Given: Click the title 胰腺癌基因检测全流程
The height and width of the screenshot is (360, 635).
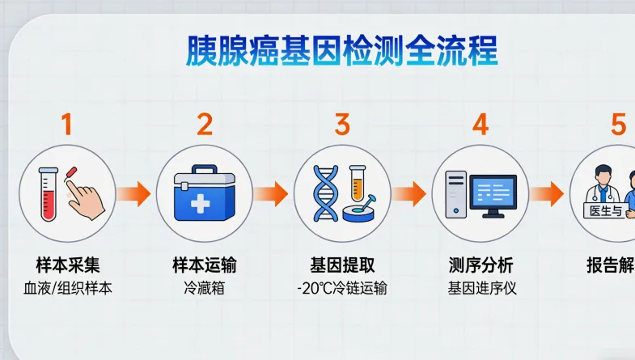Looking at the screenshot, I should tap(341, 51).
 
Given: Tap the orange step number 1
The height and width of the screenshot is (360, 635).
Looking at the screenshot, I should tap(67, 125).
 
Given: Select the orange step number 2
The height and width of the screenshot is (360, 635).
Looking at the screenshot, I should tap(205, 125).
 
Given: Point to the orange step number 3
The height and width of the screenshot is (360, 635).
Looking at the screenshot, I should tap(342, 125).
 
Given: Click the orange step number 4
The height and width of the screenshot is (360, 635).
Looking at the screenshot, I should tap(480, 125).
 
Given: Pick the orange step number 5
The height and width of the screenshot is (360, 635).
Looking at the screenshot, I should tap(618, 125).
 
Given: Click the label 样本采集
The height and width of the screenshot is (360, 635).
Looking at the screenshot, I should tap(68, 265).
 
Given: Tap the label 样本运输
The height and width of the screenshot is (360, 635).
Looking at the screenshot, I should tap(205, 265).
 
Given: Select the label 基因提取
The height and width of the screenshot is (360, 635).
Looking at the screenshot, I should tap(342, 265).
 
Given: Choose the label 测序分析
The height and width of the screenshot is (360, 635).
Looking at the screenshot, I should tap(480, 265).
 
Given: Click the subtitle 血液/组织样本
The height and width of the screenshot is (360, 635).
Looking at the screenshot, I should tap(68, 288).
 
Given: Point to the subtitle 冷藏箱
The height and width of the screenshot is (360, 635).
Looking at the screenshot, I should tap(205, 288).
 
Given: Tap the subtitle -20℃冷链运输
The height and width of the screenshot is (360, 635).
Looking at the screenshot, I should tap(341, 288).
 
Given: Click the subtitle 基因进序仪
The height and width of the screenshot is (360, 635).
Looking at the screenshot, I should tap(481, 288).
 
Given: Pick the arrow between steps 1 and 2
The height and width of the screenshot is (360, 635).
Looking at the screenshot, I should tap(134, 193).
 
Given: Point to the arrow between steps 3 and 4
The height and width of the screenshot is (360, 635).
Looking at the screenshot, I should tap(409, 193).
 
